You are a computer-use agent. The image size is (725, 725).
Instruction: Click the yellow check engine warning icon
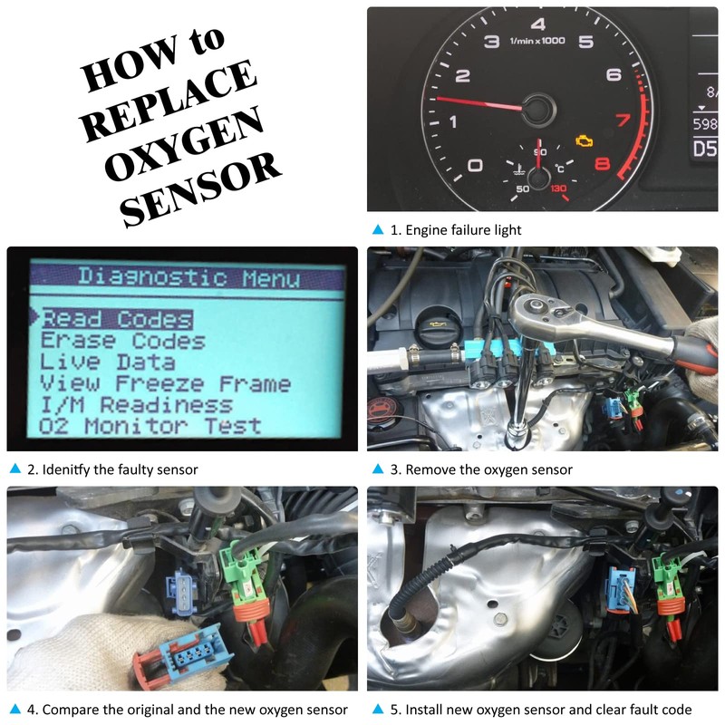click(x=585, y=141)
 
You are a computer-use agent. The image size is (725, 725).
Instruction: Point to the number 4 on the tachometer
click(x=538, y=24)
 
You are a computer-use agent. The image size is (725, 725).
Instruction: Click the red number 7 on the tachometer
click(x=623, y=120)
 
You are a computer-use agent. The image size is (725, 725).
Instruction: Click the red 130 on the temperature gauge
click(x=558, y=189)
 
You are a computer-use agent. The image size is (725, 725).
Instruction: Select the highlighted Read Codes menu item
click(x=117, y=319)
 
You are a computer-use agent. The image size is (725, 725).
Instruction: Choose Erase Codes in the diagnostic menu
click(x=122, y=341)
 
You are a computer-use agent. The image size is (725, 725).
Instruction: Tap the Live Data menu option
click(x=108, y=362)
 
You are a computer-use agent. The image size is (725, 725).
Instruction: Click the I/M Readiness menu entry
click(x=136, y=404)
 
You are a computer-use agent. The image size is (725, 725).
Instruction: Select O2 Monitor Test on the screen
click(x=150, y=425)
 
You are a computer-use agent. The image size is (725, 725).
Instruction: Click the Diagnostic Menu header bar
click(x=188, y=276)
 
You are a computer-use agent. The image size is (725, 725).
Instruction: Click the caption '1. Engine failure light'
click(x=455, y=230)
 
